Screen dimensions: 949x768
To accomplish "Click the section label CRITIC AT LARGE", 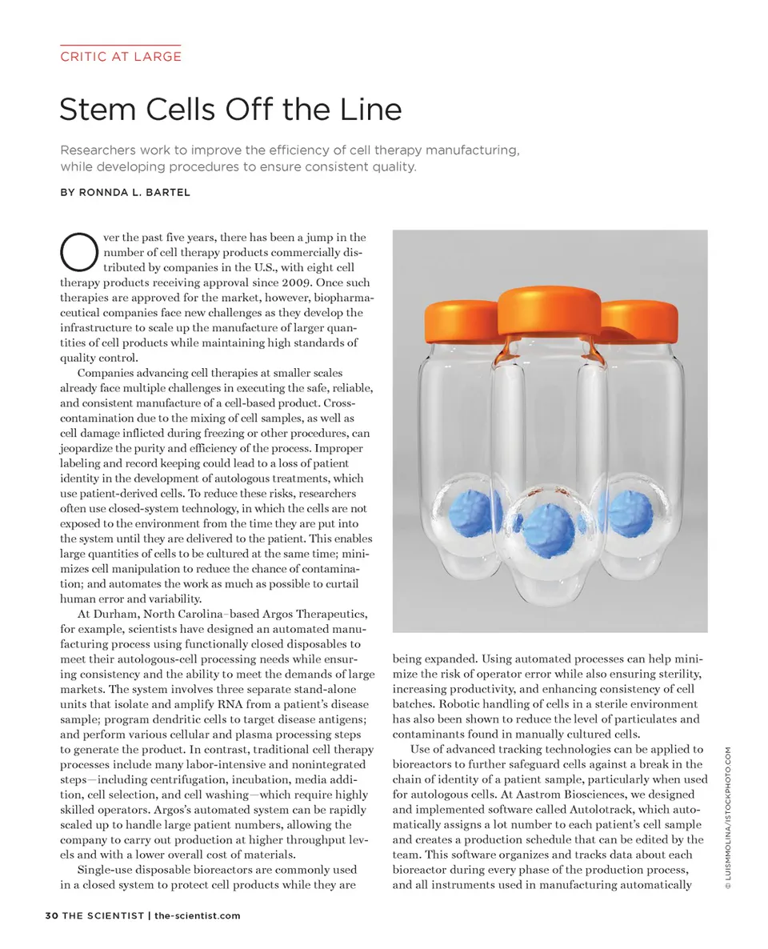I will point(120,56).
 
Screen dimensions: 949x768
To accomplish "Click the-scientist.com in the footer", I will point(197,915).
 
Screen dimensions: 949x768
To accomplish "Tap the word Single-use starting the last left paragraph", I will point(110,870).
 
